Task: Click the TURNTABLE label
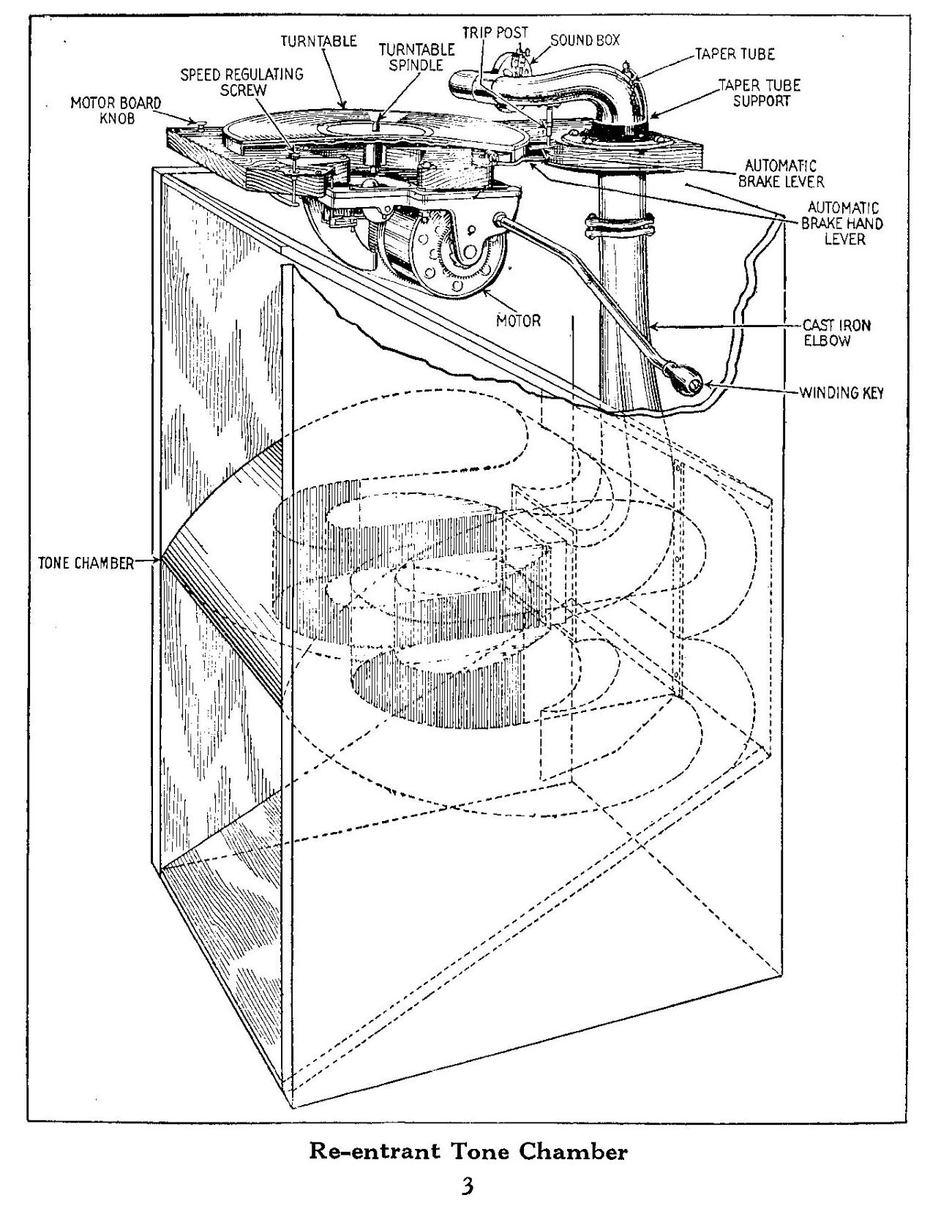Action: click(319, 41)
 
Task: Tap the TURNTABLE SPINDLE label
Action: click(416, 56)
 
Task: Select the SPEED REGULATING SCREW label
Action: click(242, 81)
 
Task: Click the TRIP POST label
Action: click(495, 33)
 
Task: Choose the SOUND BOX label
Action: click(585, 40)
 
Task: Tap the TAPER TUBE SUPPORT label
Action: click(760, 93)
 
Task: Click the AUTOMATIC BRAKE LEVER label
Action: click(781, 173)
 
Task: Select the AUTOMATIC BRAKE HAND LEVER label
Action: click(842, 223)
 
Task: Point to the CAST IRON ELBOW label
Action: click(827, 333)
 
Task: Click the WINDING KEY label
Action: click(841, 393)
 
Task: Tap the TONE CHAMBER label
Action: click(86, 563)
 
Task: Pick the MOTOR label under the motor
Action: click(519, 320)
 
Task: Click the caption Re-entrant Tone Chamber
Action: click(468, 1151)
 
